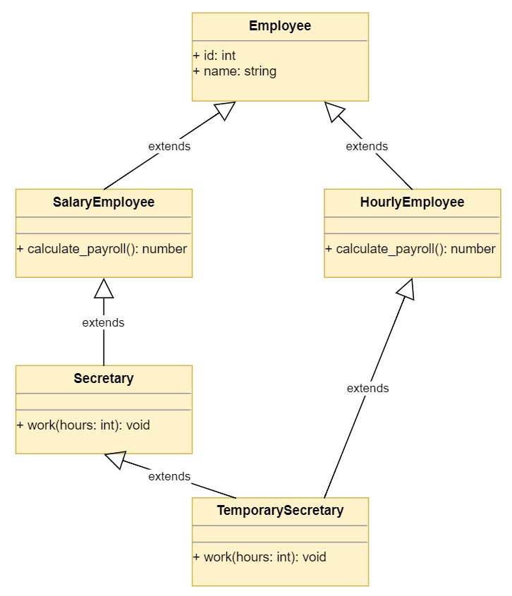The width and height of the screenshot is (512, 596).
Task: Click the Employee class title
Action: [x=280, y=26]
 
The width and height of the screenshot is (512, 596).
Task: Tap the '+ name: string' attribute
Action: [x=234, y=71]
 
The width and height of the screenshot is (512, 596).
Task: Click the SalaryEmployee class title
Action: [x=104, y=202]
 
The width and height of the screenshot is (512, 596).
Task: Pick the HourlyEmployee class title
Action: [x=413, y=202]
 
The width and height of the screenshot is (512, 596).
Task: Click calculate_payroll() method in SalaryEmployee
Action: [x=102, y=249]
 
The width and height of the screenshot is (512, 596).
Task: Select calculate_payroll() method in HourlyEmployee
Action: [x=410, y=249]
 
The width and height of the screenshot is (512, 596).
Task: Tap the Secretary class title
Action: [x=104, y=379]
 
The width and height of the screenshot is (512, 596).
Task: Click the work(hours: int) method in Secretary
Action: [x=83, y=425]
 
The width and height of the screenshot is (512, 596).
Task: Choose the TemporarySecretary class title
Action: [x=280, y=511]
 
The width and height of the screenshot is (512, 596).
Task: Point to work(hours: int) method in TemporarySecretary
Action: [x=260, y=557]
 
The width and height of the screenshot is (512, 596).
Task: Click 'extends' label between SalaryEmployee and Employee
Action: [x=169, y=147]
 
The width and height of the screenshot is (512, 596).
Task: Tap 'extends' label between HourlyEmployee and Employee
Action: [x=367, y=147]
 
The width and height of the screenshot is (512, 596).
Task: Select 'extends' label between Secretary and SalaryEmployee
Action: [x=104, y=323]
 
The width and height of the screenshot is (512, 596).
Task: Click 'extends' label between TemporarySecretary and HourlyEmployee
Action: [x=367, y=389]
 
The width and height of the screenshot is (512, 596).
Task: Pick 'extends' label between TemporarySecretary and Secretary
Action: [x=169, y=477]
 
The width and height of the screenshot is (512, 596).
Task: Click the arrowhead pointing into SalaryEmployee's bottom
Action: [x=104, y=287]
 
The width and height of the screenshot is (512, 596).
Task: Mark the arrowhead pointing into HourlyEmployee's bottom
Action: [x=407, y=288]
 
